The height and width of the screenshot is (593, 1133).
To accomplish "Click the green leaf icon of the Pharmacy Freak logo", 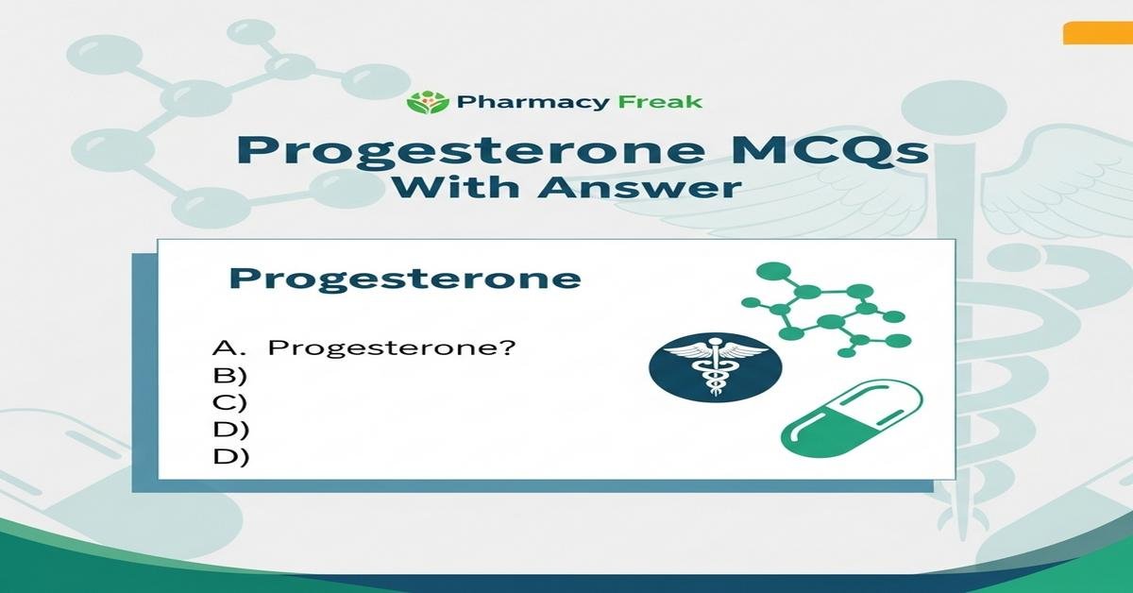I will (x=423, y=101).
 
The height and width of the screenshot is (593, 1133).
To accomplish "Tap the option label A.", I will (x=228, y=347).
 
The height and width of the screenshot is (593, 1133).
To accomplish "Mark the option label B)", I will (x=230, y=375).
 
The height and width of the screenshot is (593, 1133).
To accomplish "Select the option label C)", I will (x=230, y=402).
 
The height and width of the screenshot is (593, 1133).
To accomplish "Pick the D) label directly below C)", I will (x=230, y=430).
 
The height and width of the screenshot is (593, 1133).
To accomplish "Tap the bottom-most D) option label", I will (x=230, y=457).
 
